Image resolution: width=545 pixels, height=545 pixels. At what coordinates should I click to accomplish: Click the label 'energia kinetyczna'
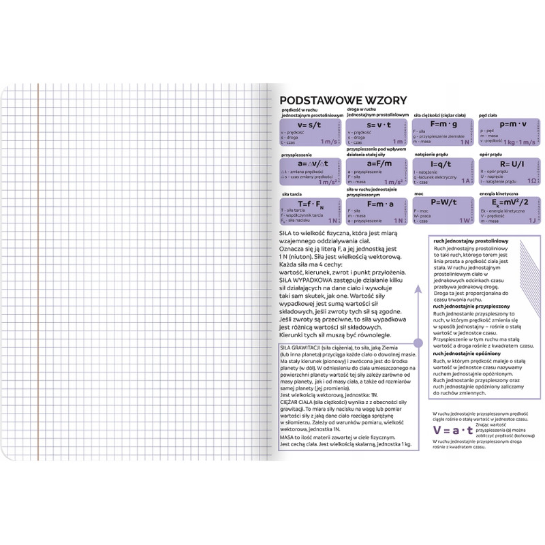pyautogui.click(x=499, y=193)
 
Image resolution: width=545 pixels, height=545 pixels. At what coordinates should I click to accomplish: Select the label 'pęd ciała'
pyautogui.click(x=490, y=115)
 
